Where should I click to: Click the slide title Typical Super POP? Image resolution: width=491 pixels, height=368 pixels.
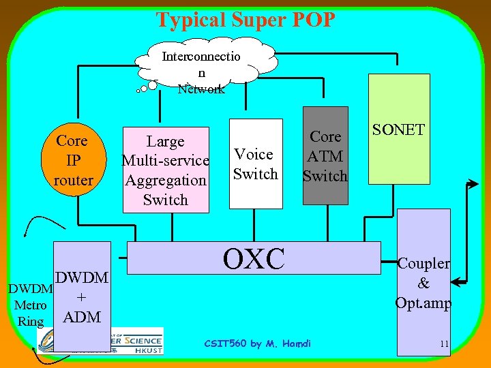[x=245, y=19]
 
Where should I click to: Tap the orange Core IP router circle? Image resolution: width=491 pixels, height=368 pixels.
[x=72, y=161]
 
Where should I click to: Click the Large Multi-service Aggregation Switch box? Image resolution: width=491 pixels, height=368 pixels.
[x=165, y=170]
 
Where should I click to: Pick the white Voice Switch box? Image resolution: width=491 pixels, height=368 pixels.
[x=256, y=164]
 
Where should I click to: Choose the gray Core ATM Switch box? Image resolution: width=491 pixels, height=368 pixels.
[x=325, y=156]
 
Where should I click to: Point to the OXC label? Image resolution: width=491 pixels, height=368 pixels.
[x=254, y=258]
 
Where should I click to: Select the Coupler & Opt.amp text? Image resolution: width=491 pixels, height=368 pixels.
[x=423, y=283]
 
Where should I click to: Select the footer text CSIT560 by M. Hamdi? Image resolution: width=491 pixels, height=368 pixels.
[x=257, y=343]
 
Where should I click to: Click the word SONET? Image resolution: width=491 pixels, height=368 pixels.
[x=399, y=129]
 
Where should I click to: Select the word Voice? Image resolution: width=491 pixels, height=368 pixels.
[x=254, y=154]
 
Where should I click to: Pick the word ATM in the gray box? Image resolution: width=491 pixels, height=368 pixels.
[x=325, y=156]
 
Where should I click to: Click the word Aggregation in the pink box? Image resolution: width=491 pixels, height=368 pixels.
[x=165, y=181]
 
